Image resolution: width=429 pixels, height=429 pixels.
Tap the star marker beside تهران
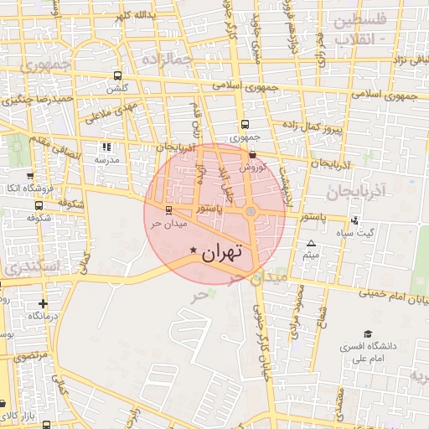click(x=194, y=250)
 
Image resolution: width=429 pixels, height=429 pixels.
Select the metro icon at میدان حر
click(x=169, y=210)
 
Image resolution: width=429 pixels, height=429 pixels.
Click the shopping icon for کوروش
click(x=253, y=154)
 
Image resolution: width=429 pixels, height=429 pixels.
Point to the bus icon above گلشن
click(x=116, y=75)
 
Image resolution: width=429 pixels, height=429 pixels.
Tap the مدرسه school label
click(x=106, y=159)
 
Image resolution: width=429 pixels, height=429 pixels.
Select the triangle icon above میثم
click(x=311, y=242)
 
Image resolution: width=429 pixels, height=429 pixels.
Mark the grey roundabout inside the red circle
click(x=250, y=211)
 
